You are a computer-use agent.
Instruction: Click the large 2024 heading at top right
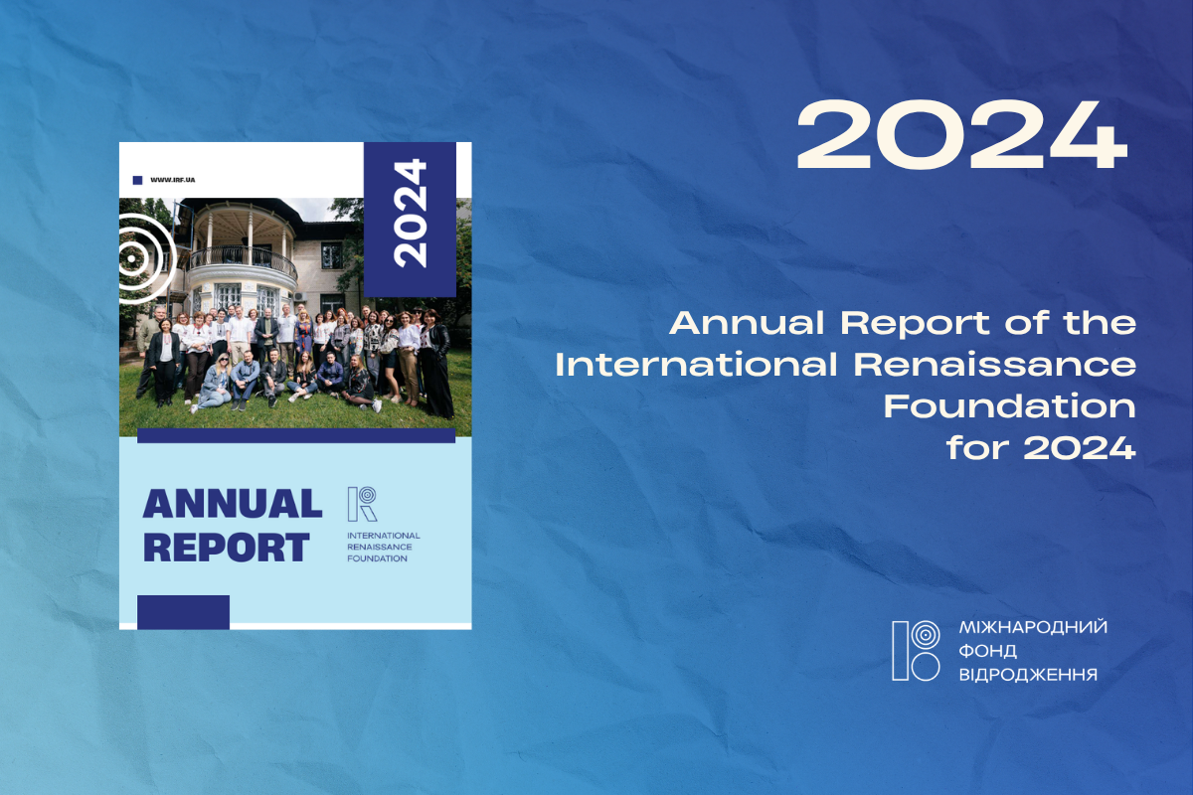click(962, 135)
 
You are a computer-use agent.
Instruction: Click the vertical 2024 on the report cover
click(410, 213)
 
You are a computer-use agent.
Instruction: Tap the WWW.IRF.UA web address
click(173, 180)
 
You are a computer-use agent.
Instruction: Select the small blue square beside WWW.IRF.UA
click(137, 181)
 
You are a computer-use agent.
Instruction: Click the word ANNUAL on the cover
click(233, 504)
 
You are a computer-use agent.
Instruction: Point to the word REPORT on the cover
click(227, 548)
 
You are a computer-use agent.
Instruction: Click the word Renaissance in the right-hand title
click(995, 365)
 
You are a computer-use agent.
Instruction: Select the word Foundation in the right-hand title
click(1010, 406)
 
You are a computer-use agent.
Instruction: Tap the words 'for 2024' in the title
click(1041, 448)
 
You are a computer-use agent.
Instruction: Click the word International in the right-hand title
click(696, 365)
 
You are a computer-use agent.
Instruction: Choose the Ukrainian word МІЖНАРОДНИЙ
click(1033, 627)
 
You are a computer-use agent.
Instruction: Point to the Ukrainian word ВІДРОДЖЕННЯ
click(1028, 675)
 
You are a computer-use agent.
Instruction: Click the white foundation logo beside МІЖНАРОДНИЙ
click(916, 651)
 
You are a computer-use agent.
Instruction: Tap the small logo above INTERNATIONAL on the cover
click(362, 504)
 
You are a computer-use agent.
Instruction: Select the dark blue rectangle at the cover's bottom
click(183, 612)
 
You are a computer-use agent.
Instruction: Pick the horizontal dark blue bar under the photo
click(296, 435)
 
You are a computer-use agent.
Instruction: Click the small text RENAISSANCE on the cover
click(379, 547)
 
